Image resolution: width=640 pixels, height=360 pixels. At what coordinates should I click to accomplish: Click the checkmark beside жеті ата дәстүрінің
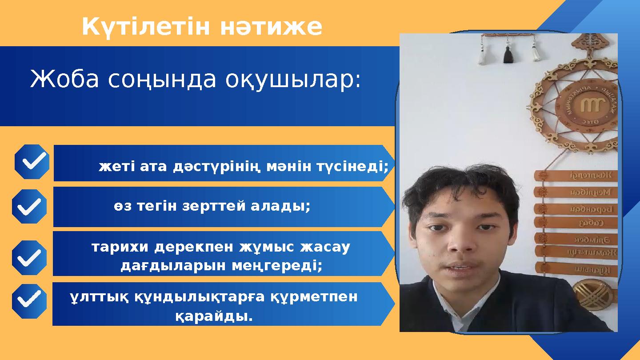pos(32,162)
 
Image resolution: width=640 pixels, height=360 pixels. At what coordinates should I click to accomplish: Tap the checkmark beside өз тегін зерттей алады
pos(29,206)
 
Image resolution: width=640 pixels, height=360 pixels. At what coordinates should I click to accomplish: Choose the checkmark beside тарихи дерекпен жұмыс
pos(29,257)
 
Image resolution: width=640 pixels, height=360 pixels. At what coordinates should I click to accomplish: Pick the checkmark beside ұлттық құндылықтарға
pos(29,301)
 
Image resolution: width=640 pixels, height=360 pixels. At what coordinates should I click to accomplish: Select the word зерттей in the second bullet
pos(213,206)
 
